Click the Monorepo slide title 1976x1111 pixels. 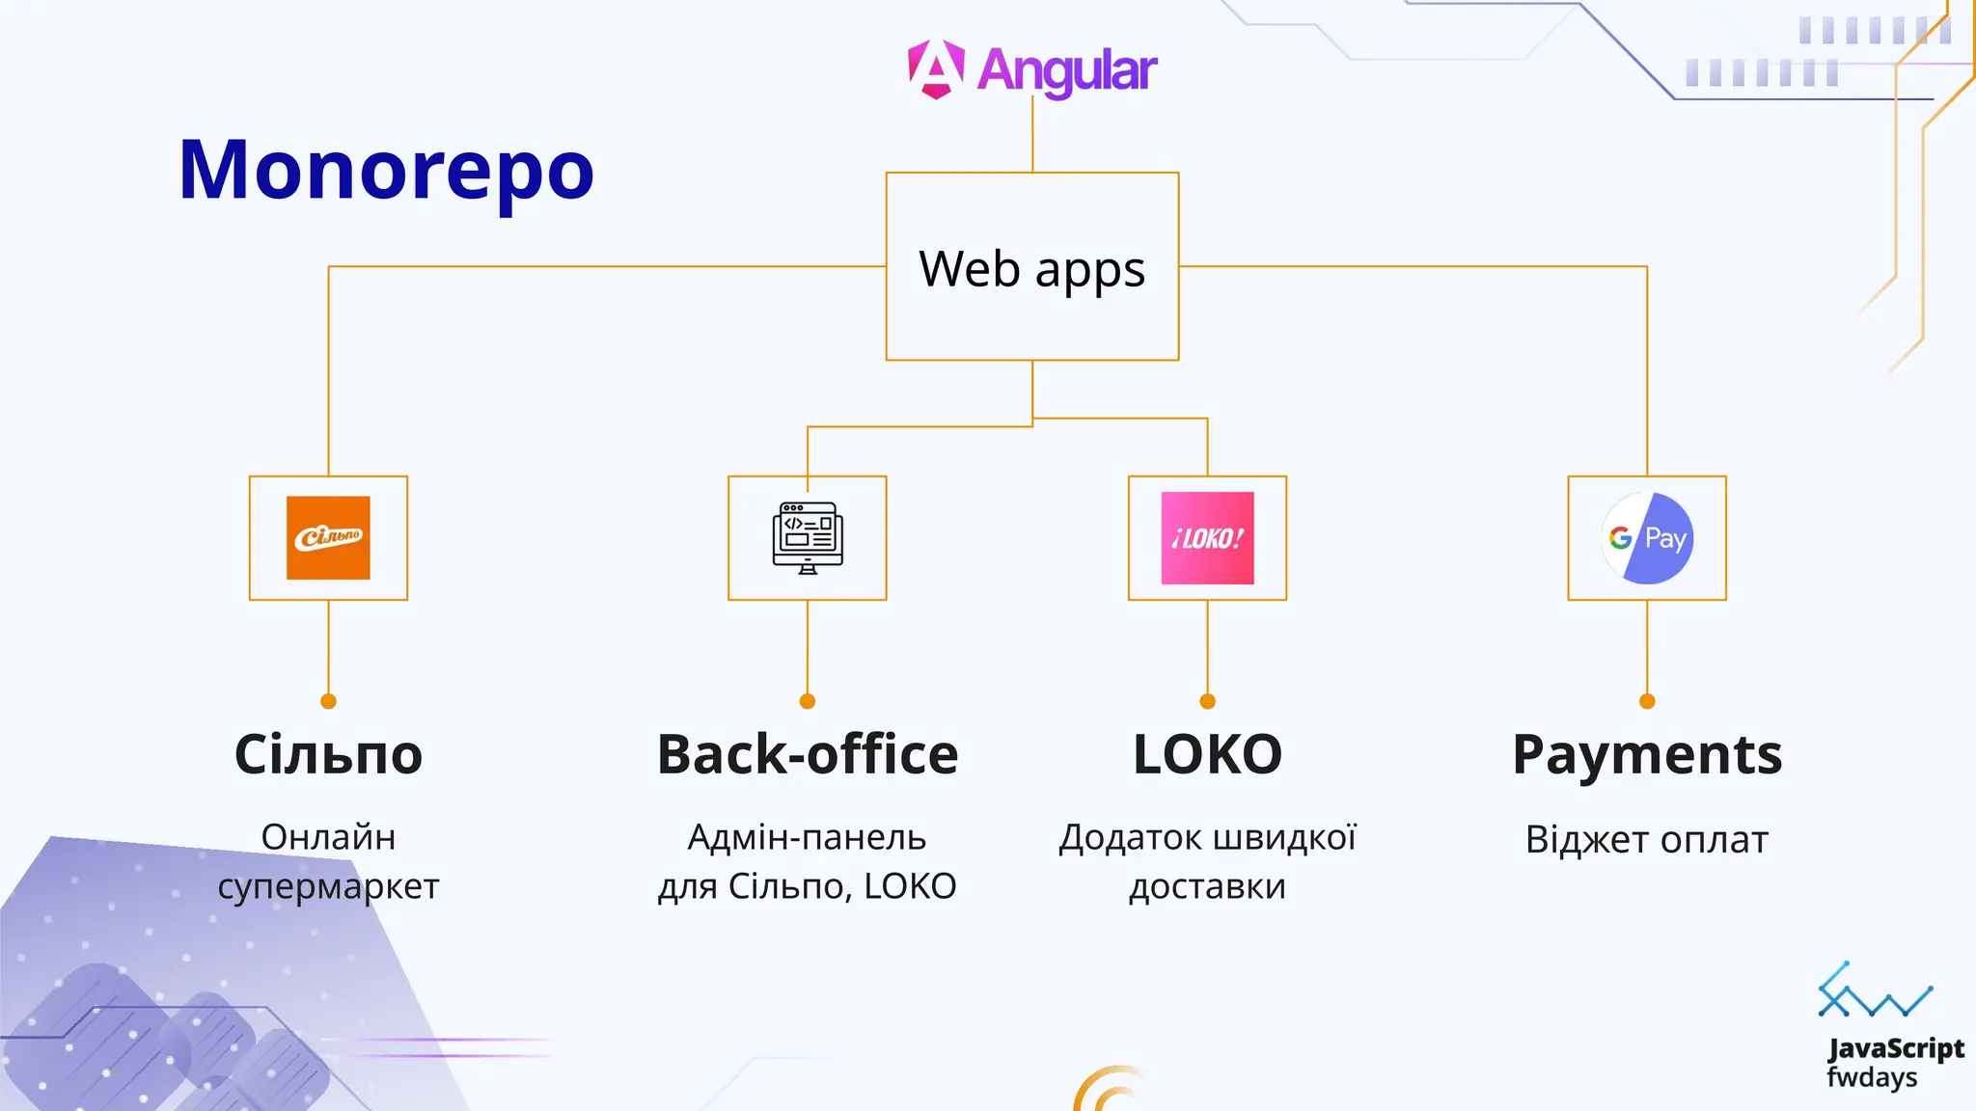(386, 171)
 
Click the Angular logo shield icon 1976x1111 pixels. (935, 69)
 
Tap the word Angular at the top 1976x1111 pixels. (1066, 70)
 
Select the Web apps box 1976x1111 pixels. (1031, 267)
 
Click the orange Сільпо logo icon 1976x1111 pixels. (328, 538)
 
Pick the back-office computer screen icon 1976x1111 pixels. (808, 538)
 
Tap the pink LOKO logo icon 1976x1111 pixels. (1207, 538)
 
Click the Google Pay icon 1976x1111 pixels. (1647, 538)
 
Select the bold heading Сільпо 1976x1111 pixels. (328, 754)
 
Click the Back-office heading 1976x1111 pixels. (808, 754)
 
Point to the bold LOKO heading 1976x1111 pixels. (1207, 754)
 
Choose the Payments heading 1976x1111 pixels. (1647, 754)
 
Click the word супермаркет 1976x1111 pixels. (328, 886)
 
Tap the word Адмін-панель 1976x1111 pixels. (807, 837)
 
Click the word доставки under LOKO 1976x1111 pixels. (1207, 886)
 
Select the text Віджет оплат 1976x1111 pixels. (1647, 839)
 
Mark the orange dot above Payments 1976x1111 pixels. (1647, 701)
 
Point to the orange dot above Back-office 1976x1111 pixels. (808, 701)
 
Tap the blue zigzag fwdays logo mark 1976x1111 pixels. (1874, 993)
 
